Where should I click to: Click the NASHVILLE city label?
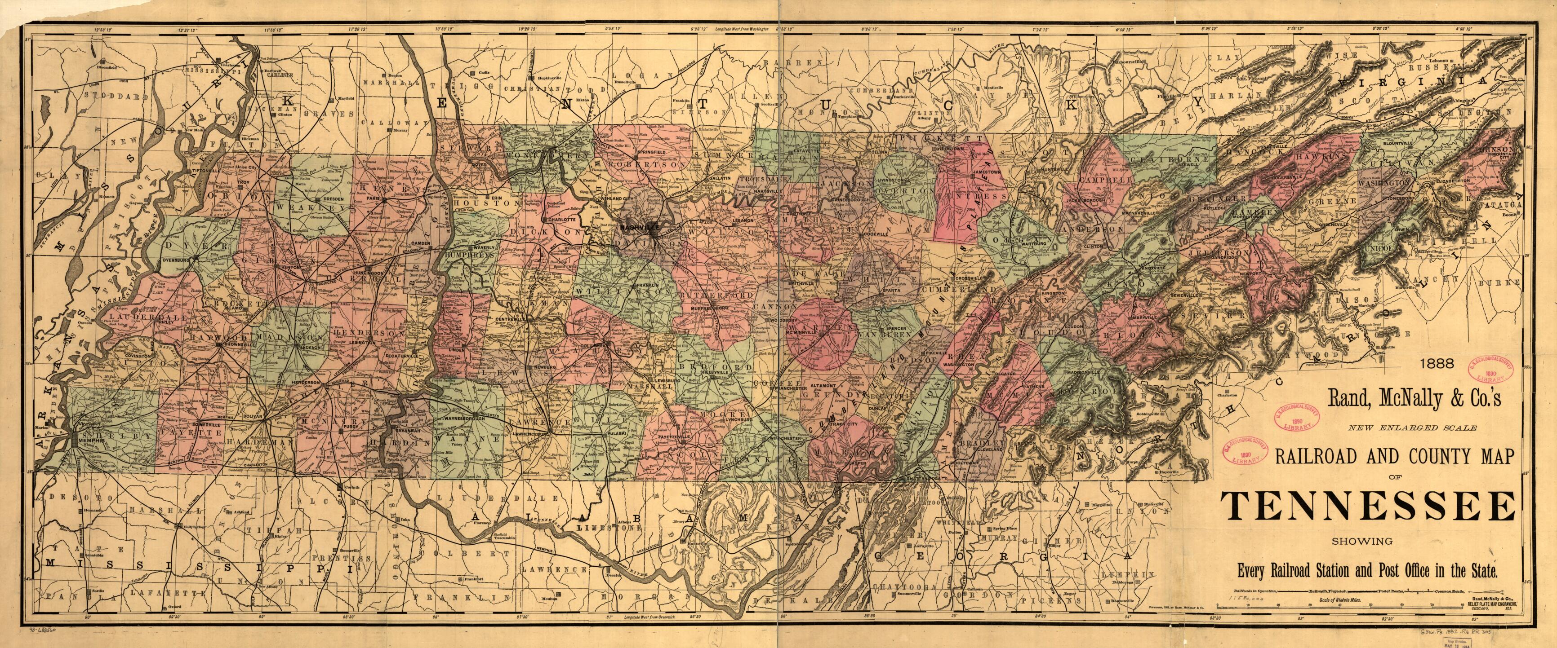coord(640,228)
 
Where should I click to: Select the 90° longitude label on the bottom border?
coord(89,635)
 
